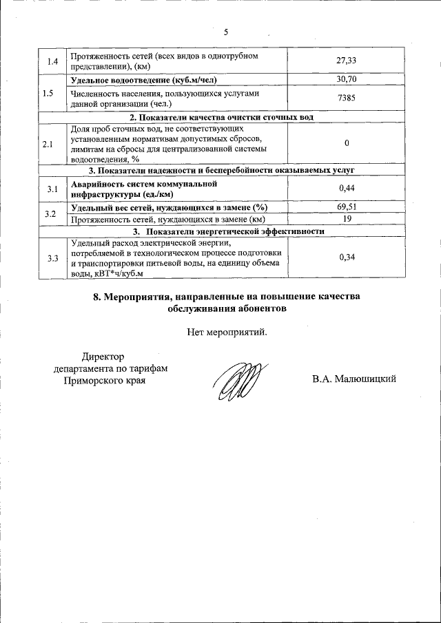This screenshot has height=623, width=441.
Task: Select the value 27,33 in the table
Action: pyautogui.click(x=347, y=61)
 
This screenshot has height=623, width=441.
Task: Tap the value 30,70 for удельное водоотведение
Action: pyautogui.click(x=347, y=80)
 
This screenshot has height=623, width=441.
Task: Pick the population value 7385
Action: pyautogui.click(x=347, y=98)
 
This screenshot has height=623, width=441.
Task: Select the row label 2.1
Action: pyautogui.click(x=47, y=144)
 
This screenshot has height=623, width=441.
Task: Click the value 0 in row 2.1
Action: pyautogui.click(x=347, y=142)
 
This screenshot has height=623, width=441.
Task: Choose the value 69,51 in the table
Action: pyautogui.click(x=347, y=207)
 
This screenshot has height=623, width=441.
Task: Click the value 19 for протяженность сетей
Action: pyautogui.click(x=347, y=219)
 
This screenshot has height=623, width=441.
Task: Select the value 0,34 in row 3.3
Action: pyautogui.click(x=347, y=257)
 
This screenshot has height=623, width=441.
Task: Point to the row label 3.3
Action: pyautogui.click(x=51, y=258)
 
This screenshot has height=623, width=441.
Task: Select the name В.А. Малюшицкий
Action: pyautogui.click(x=353, y=379)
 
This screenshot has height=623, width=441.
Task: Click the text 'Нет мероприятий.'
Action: pyautogui.click(x=226, y=332)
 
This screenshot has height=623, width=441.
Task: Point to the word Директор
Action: pyautogui.click(x=102, y=357)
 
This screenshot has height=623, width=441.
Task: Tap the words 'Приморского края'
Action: pyautogui.click(x=104, y=380)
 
